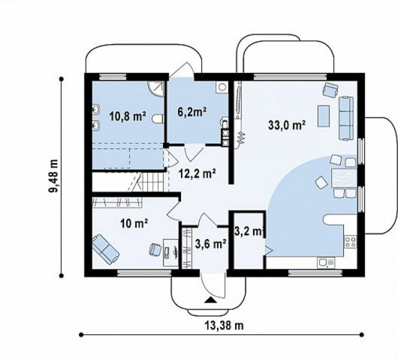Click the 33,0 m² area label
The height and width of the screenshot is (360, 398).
click(287, 125)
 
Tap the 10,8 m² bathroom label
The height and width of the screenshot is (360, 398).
click(128, 117)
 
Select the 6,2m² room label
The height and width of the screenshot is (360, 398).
click(191, 112)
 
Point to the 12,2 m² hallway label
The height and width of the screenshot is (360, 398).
click(197, 174)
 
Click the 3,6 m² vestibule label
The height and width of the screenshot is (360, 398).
click(211, 244)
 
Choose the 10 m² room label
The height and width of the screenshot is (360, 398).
click(134, 224)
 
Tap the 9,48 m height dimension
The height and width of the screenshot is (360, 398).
click(54, 177)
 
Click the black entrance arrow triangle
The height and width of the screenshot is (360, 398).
click(210, 300)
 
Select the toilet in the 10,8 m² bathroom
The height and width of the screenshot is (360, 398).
click(157, 119)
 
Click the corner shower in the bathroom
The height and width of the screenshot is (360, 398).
click(156, 89)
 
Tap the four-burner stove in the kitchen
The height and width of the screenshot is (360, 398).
click(350, 242)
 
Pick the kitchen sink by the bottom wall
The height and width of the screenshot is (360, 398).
click(326, 263)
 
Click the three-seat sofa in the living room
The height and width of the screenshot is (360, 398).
click(346, 118)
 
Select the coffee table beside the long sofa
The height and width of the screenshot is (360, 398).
click(324, 116)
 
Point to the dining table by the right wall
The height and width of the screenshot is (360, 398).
click(344, 178)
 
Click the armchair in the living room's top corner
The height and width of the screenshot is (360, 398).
click(331, 90)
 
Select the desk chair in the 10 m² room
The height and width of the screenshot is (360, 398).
click(156, 249)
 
